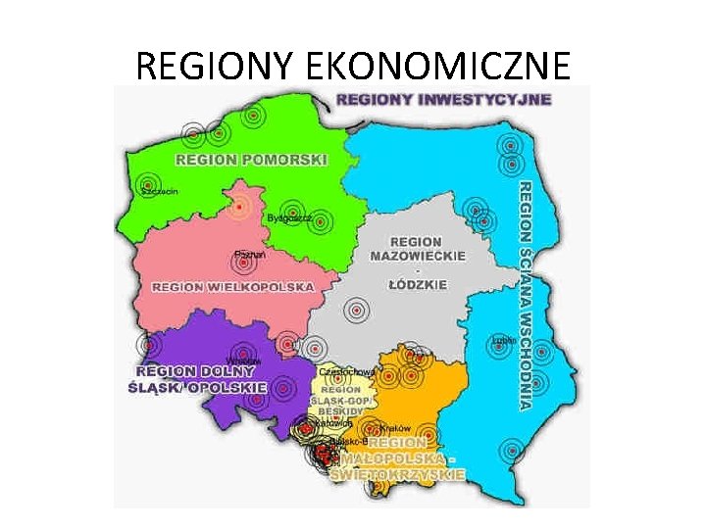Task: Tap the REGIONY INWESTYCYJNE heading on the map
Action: tap(443, 99)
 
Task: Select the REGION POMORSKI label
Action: tap(251, 159)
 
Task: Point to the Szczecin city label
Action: tap(160, 192)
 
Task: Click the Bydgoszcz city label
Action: tap(290, 218)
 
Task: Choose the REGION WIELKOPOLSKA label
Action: tap(233, 287)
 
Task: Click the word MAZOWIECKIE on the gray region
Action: tap(417, 256)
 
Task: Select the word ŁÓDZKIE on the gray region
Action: tap(418, 284)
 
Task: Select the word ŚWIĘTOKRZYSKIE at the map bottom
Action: tap(397, 474)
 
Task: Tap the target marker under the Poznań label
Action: tap(242, 266)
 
